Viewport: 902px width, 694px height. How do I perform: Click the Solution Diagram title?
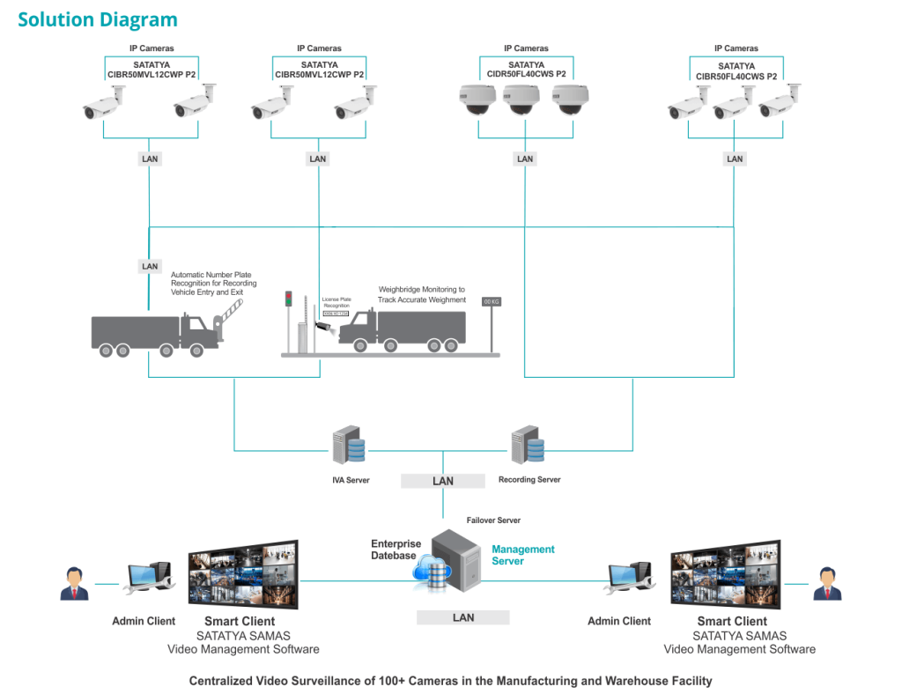click(x=98, y=19)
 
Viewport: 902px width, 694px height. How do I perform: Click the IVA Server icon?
click(x=348, y=446)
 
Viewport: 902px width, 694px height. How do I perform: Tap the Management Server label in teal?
click(x=522, y=555)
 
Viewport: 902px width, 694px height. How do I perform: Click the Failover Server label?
click(x=493, y=520)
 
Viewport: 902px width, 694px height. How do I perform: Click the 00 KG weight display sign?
click(x=491, y=301)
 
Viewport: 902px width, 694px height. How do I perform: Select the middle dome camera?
click(x=521, y=99)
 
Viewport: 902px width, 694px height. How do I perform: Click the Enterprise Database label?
click(x=396, y=550)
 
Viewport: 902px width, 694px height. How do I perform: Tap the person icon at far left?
click(x=74, y=583)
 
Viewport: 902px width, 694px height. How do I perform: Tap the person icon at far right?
click(x=827, y=583)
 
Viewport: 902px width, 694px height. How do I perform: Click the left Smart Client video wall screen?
click(x=242, y=574)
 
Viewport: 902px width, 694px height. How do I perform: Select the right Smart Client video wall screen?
click(x=725, y=574)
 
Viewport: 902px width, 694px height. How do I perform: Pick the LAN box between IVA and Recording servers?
click(x=442, y=481)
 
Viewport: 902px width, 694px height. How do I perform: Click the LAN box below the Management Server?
click(x=463, y=617)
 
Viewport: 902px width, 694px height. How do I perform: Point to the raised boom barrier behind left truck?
click(x=227, y=310)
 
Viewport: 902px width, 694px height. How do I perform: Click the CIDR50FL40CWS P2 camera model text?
click(x=526, y=75)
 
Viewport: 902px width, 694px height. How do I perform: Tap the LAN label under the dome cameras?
click(x=525, y=159)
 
